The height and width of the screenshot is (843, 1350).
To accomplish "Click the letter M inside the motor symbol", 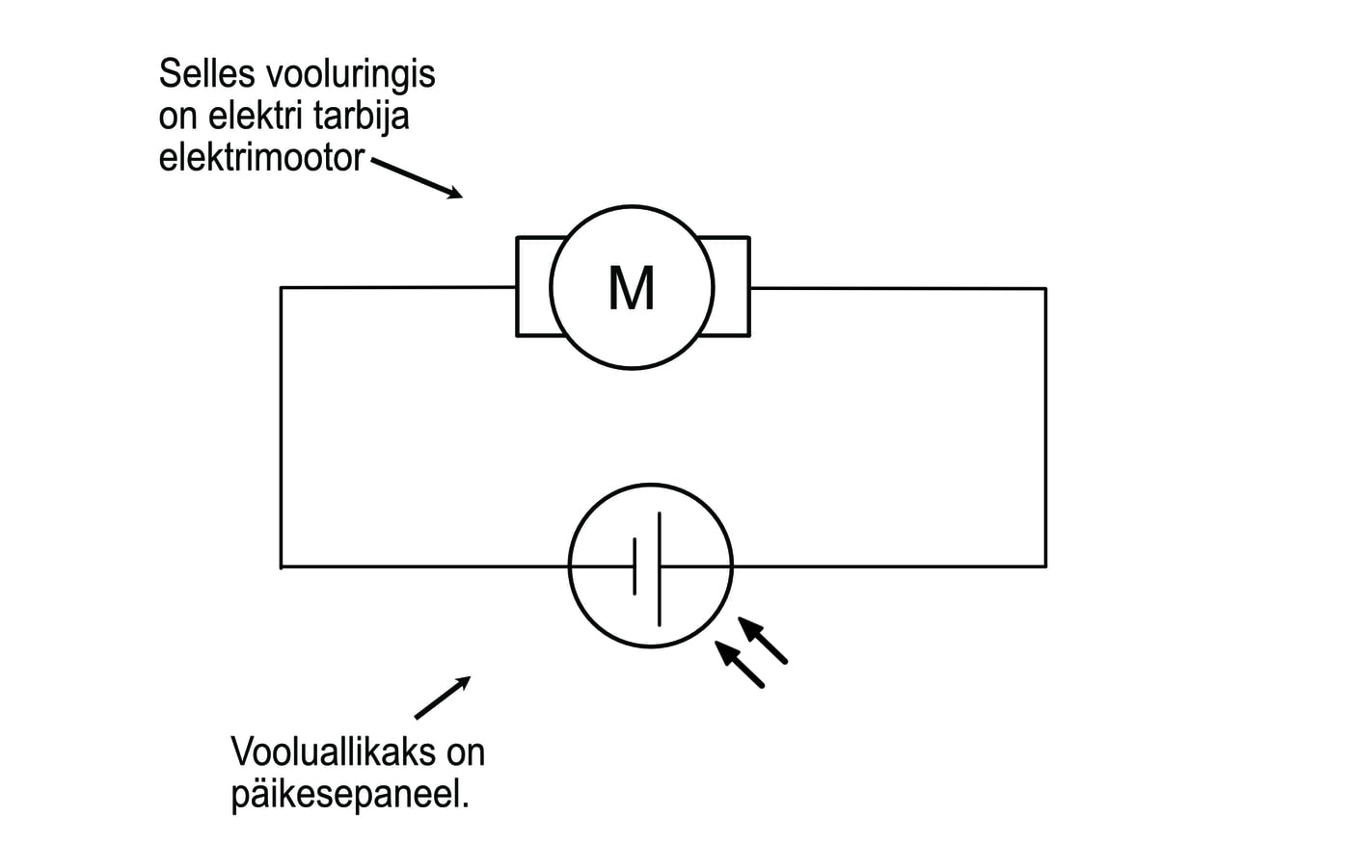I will click(632, 287).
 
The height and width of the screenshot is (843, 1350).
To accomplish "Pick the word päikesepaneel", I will click(350, 795).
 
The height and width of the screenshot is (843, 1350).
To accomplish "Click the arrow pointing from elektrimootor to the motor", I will click(417, 178).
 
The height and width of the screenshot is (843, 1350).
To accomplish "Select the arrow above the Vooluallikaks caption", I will click(443, 698).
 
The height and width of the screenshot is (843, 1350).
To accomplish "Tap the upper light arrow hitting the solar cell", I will click(763, 640).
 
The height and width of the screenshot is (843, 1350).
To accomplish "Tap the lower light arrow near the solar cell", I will click(740, 665).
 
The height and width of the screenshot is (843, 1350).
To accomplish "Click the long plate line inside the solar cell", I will click(661, 568).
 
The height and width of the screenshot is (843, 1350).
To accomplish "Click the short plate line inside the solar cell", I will click(634, 566).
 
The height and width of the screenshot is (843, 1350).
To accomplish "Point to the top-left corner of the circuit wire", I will click(282, 288).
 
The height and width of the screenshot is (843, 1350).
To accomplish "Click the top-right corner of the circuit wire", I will click(1045, 288).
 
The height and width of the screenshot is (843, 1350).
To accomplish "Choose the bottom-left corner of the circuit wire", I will click(282, 566).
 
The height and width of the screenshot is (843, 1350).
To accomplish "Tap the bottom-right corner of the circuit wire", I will click(1045, 566).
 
